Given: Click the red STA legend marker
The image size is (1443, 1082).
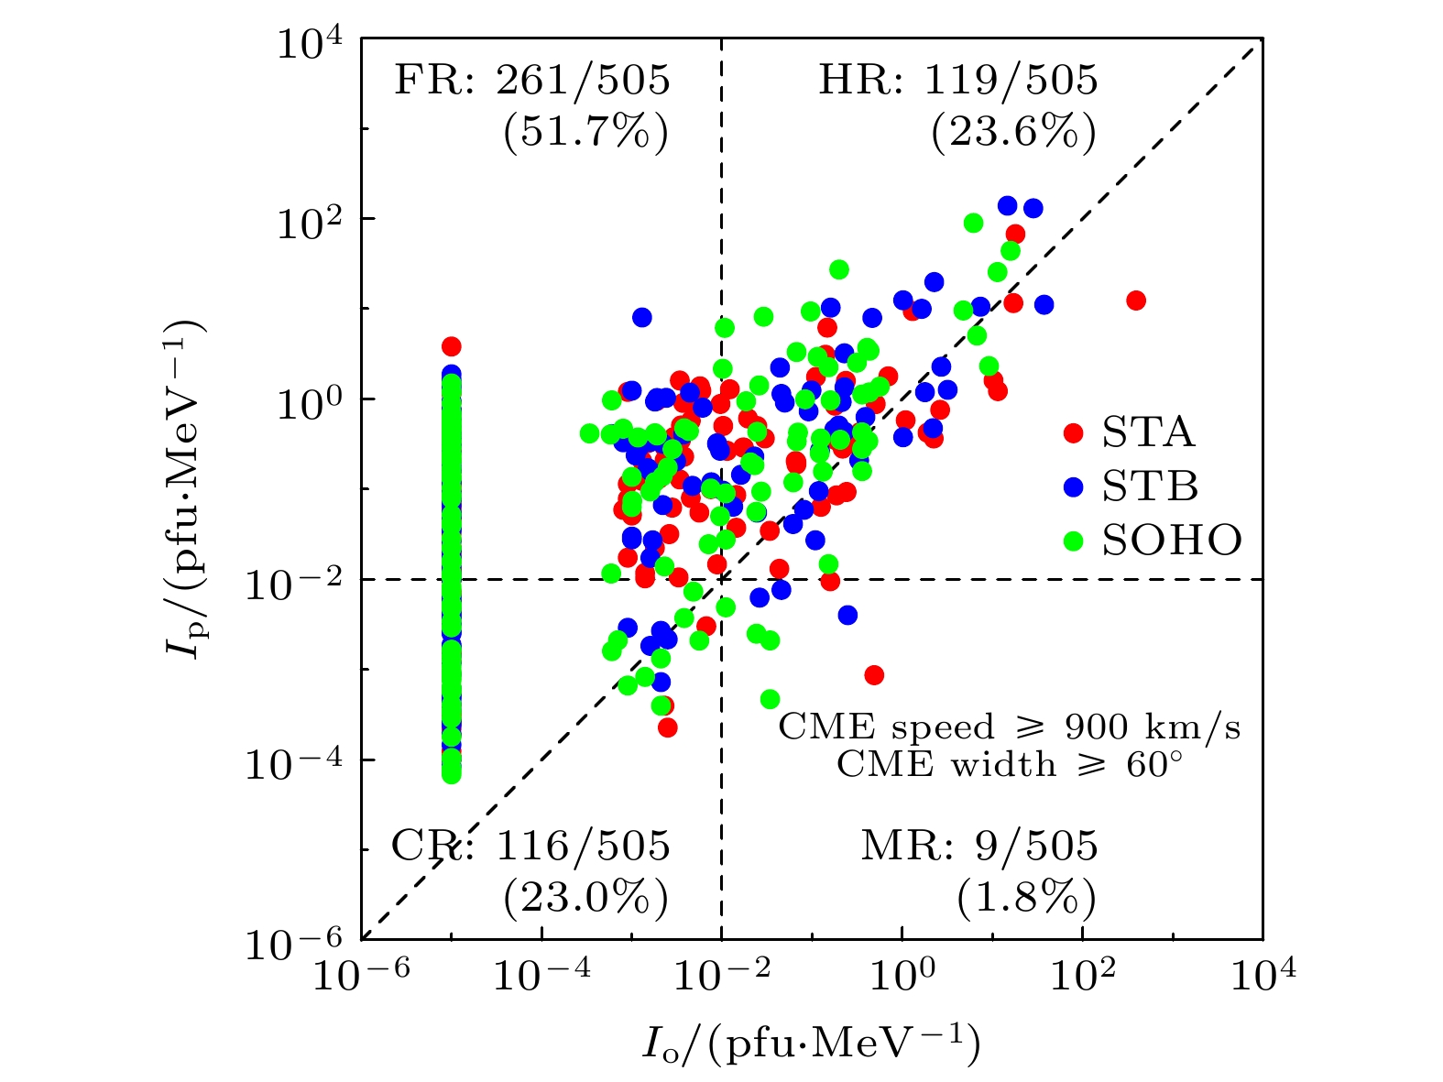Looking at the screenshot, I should pos(1073,432).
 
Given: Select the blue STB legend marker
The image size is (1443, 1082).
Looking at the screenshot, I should pos(1073,486).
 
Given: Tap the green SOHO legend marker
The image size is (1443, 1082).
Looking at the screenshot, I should pos(1073,541).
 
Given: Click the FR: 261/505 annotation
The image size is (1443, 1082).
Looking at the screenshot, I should pos(532,82).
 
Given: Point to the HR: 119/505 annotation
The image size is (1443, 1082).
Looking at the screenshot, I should pos(957,82).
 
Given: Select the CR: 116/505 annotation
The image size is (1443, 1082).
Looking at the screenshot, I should pos(531,846).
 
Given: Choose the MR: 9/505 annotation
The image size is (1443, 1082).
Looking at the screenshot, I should pos(978,846).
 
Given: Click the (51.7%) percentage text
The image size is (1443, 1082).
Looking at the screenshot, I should pos(585,134).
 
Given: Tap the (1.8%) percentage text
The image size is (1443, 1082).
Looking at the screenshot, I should pos(1026,899).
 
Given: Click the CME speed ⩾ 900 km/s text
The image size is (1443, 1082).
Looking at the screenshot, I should pos(1010,727).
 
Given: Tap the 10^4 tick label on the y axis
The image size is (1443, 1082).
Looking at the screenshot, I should pos(306,46).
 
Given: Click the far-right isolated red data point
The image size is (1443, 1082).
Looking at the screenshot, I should pos(1136,301).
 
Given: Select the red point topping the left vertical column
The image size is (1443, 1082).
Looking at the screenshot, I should pos(451,346).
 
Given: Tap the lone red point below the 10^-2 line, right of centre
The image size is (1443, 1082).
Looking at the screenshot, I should pos(874,675).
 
